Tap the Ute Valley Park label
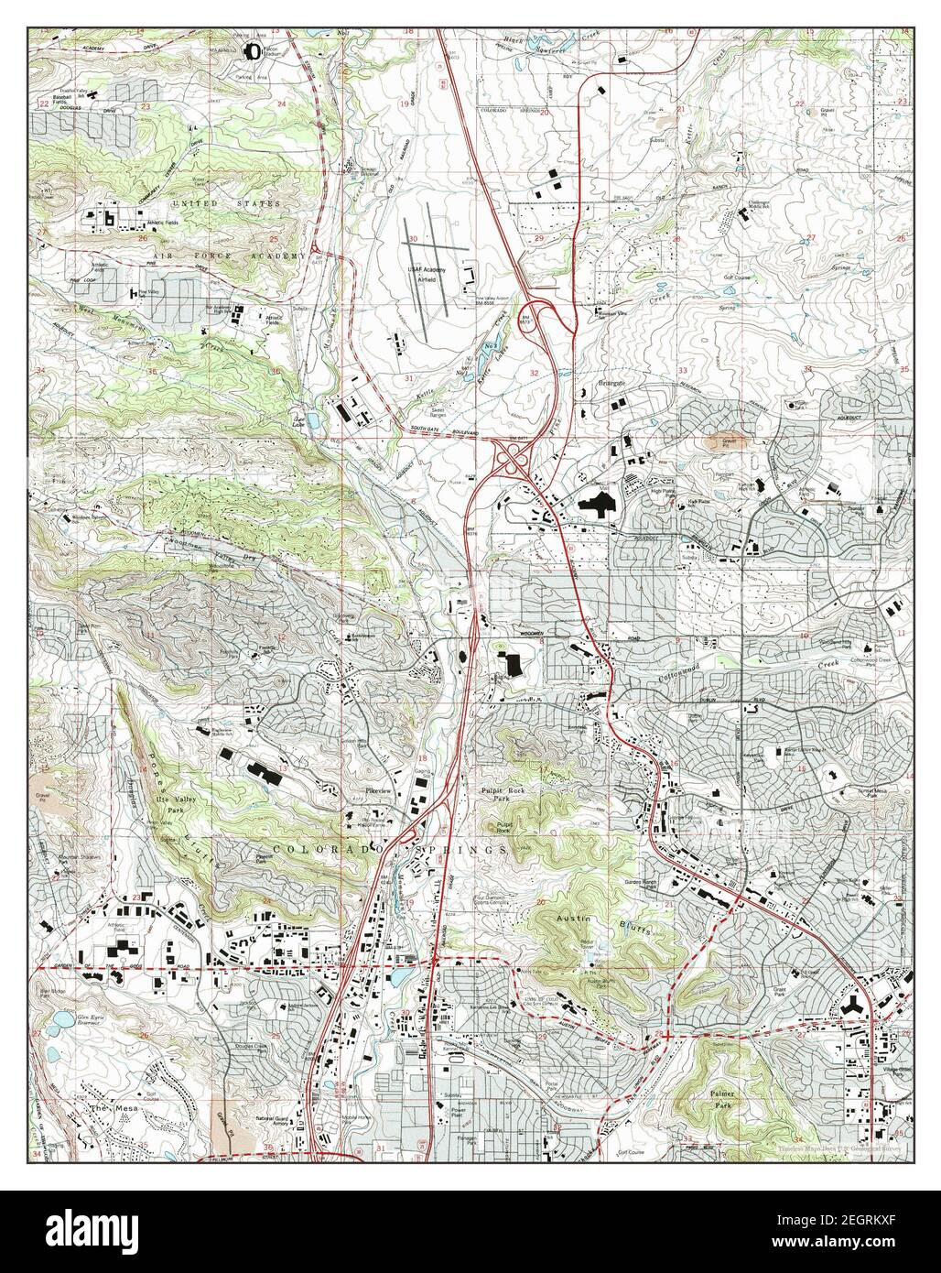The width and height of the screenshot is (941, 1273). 178,803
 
